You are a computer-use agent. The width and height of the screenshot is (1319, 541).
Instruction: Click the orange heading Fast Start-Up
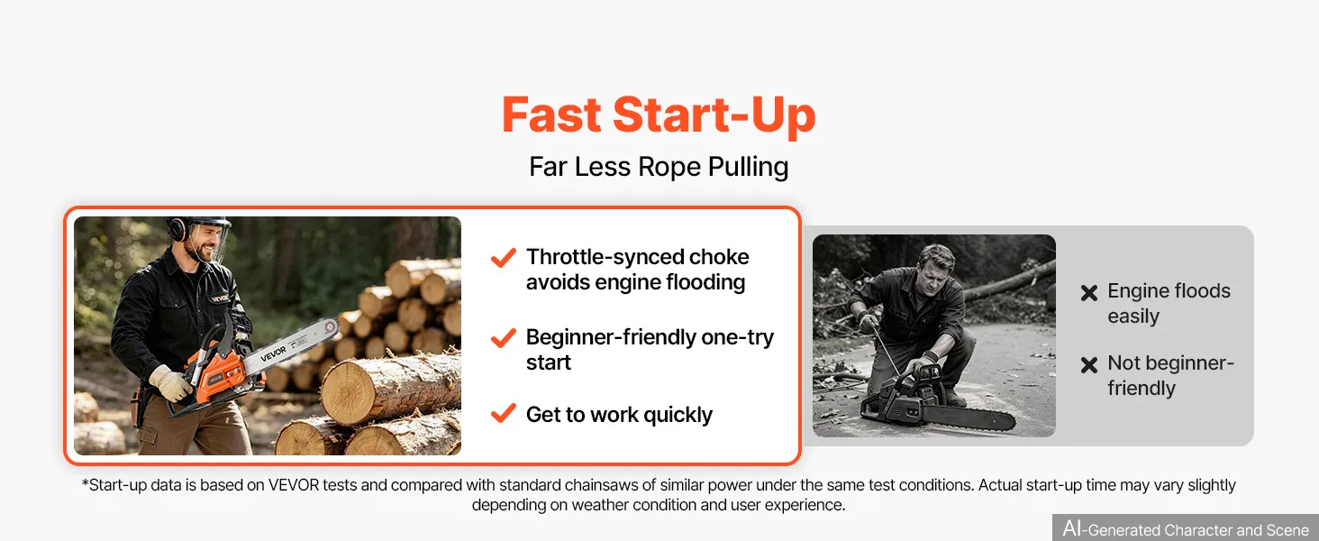(659, 115)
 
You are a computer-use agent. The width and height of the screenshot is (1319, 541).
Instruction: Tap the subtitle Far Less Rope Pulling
(659, 167)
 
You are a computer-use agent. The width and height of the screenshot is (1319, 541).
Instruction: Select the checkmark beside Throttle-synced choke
(504, 258)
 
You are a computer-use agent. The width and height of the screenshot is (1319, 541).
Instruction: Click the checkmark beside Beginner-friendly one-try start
(504, 338)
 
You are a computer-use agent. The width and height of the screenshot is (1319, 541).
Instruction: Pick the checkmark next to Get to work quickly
(504, 413)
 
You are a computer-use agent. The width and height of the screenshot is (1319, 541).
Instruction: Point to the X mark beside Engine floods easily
(1089, 292)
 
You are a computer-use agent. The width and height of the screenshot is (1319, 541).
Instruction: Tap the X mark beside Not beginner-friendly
(1089, 365)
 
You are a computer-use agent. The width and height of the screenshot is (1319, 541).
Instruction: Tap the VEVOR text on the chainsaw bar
(273, 353)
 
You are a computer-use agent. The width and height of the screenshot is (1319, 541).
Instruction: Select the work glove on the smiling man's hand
(170, 382)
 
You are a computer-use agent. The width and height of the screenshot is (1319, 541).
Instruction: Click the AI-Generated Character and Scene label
(1186, 528)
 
